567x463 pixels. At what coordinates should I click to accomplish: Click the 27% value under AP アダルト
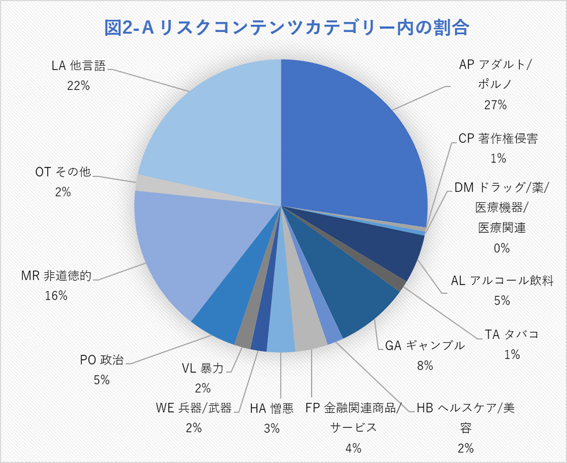[495, 104]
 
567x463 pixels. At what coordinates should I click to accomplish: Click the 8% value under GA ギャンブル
[425, 365]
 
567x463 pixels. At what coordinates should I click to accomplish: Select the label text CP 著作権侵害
[498, 139]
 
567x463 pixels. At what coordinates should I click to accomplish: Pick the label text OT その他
[63, 172]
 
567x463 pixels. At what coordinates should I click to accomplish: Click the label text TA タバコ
[511, 335]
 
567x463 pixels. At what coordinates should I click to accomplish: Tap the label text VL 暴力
[203, 368]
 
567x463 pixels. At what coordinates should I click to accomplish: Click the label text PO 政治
[102, 360]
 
